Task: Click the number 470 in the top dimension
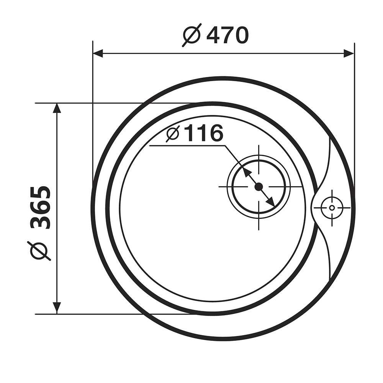pyautogui.click(x=228, y=35)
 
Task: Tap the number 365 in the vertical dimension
pyautogui.click(x=40, y=208)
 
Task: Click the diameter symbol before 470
pyautogui.click(x=192, y=35)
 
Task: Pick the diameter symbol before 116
pyautogui.click(x=173, y=133)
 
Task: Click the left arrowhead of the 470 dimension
pyautogui.click(x=98, y=53)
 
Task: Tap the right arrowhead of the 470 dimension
pyautogui.click(x=349, y=53)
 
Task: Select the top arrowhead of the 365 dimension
pyautogui.click(x=57, y=108)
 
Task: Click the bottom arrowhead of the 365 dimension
pyautogui.click(x=57, y=308)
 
